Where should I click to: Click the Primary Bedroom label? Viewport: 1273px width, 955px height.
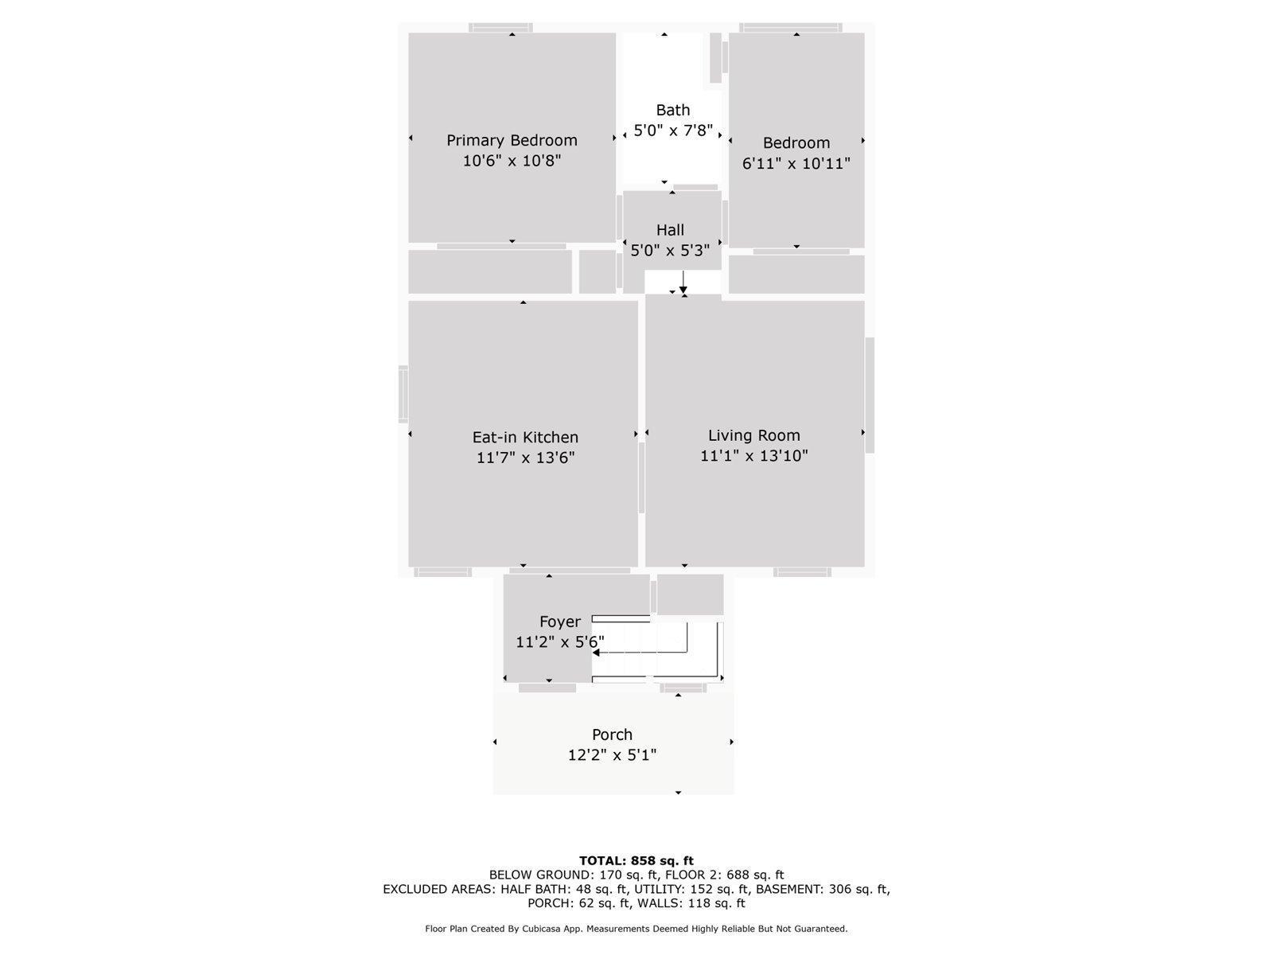tap(512, 140)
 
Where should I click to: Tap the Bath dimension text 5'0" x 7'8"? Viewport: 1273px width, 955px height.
tap(672, 131)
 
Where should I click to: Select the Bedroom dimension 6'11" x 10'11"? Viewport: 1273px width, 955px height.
tap(796, 164)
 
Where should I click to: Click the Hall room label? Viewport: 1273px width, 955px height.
tap(670, 230)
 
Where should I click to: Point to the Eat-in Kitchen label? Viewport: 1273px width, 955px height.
tap(525, 437)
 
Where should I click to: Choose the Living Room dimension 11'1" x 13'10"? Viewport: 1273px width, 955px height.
tap(754, 456)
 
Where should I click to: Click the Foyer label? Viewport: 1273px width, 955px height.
tap(560, 622)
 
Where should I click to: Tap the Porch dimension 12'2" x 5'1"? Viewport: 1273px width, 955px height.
tap(612, 755)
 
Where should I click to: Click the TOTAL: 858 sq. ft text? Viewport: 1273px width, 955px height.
tap(636, 860)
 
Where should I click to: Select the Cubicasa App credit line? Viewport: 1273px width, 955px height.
tap(636, 929)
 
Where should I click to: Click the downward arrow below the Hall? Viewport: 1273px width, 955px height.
tap(683, 283)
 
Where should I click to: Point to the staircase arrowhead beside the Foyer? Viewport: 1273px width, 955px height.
tap(597, 653)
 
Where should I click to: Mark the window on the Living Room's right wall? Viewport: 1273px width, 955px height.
tap(870, 396)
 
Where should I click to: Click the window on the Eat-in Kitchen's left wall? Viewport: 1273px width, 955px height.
tap(403, 394)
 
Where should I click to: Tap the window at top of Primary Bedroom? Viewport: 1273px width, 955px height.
tap(500, 28)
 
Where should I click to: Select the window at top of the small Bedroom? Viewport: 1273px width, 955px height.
tap(790, 28)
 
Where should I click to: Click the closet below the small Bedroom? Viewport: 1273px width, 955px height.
tap(796, 275)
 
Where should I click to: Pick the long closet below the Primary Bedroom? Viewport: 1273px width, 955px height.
tap(490, 272)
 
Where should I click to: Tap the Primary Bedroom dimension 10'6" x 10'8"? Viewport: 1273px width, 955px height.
tap(512, 161)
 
